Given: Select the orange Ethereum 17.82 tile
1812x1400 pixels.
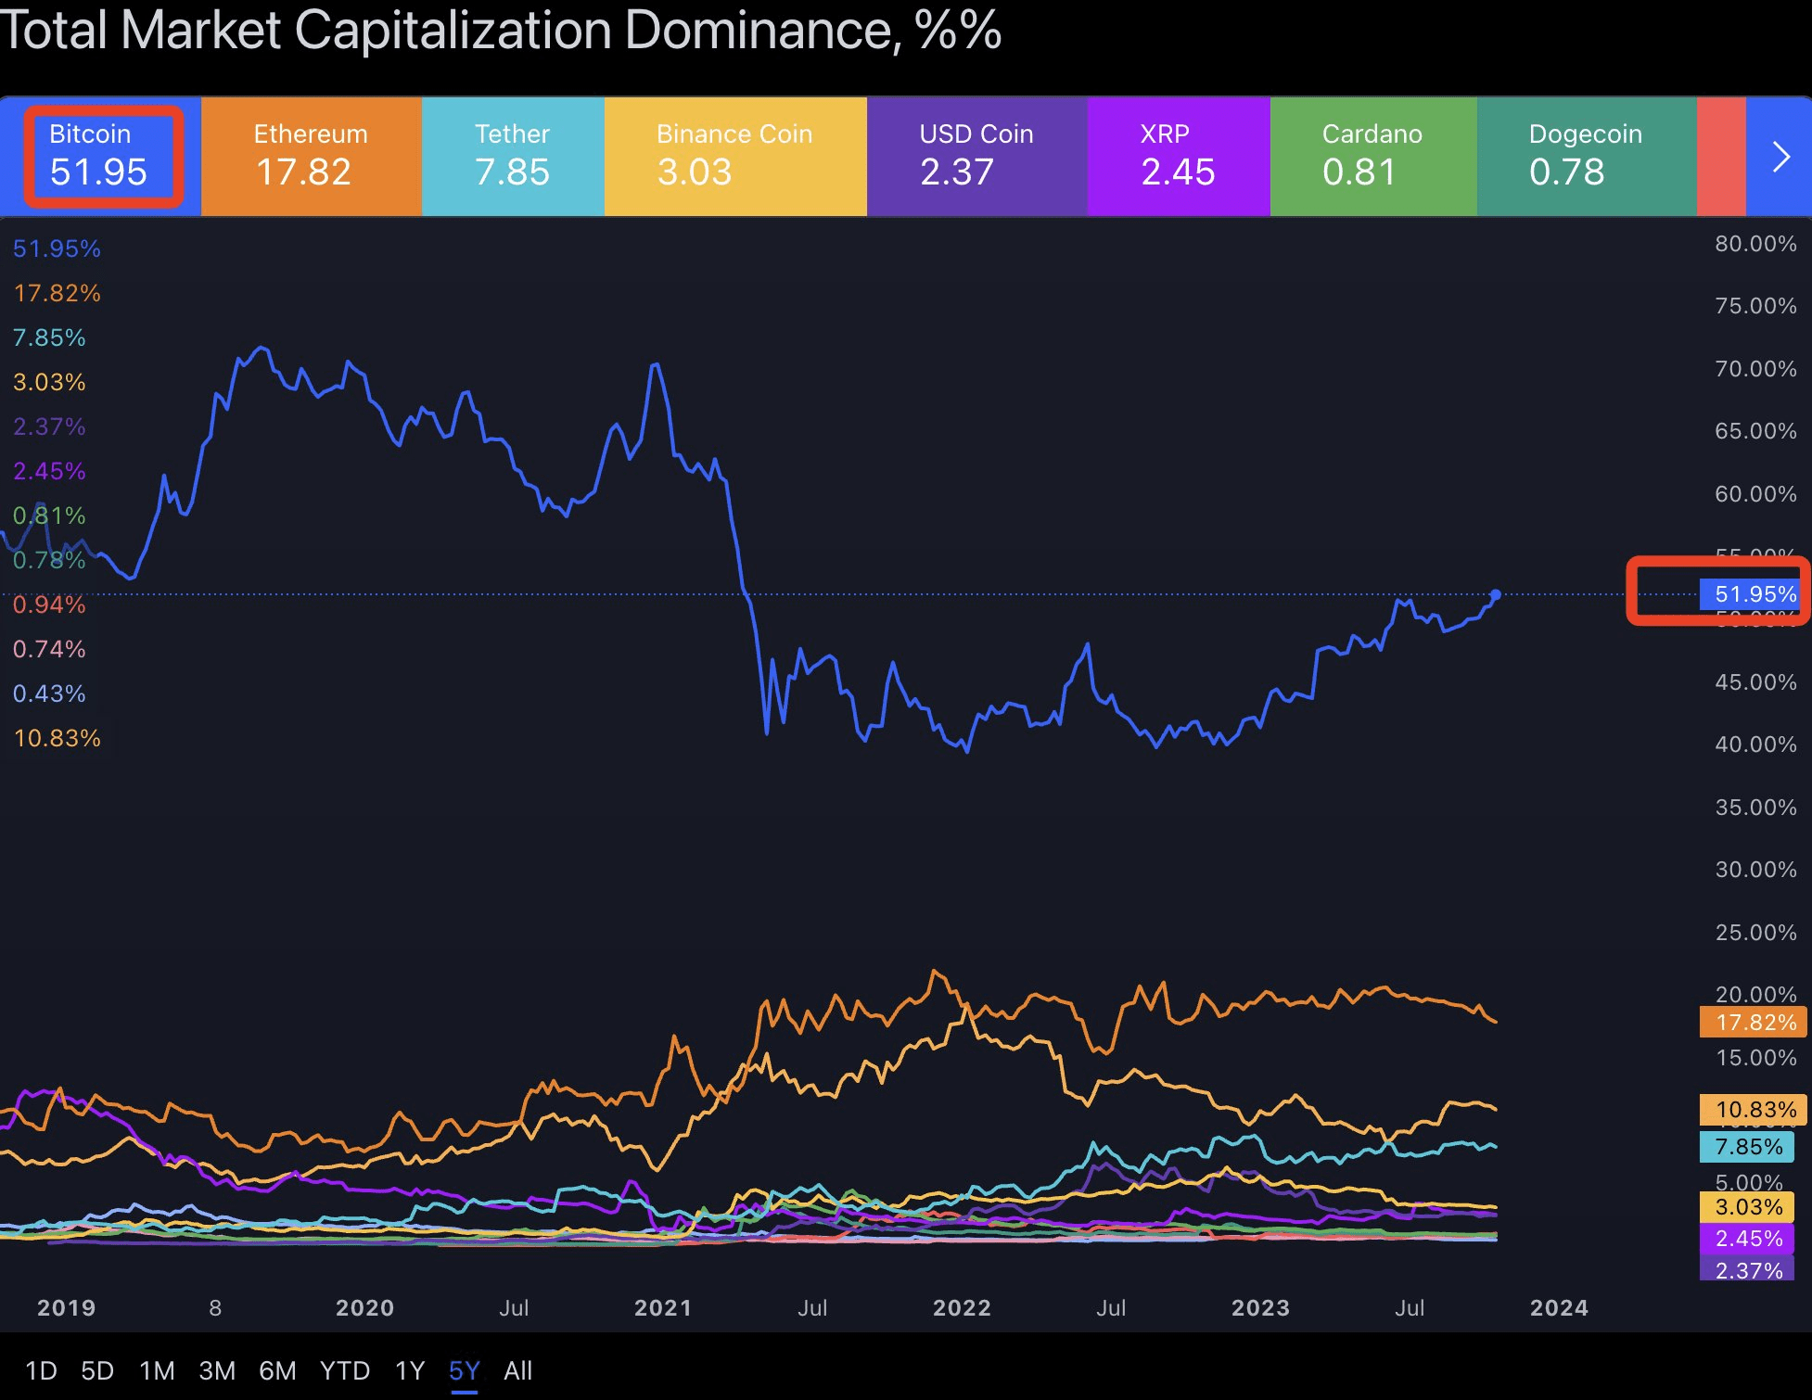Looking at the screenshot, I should pos(311,156).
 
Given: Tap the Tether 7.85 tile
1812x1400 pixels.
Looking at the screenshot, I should pos(513,156).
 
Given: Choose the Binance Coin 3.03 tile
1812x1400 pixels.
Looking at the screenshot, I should pos(734,156).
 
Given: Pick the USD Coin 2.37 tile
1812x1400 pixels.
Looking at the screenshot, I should pos(976,156).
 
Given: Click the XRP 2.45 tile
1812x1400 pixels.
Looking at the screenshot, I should pos(1178,156).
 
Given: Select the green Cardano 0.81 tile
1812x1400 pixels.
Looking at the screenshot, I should pos(1372,156).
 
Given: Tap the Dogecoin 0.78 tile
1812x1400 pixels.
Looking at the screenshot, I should pos(1586,156).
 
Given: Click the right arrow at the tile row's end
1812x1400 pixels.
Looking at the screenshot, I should pos(1780,157).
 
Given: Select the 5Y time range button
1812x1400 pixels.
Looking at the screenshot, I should pos(464,1370).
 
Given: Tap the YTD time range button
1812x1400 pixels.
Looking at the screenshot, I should pos(345,1370).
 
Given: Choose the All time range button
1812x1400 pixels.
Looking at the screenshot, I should pos(517,1370).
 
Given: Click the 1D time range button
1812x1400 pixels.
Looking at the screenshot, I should pos(41,1370).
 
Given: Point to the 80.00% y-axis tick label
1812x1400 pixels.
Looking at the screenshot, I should pos(1755,244).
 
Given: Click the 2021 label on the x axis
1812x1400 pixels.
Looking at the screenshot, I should pos(663,1307).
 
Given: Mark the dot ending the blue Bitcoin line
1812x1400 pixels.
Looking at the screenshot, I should pos(1496,594).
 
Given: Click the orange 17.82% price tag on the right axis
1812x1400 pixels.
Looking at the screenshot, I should pos(1754,1023).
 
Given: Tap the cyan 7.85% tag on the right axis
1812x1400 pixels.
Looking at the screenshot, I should pos(1748,1147).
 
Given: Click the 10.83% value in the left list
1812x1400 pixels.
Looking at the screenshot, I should pos(57,738).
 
